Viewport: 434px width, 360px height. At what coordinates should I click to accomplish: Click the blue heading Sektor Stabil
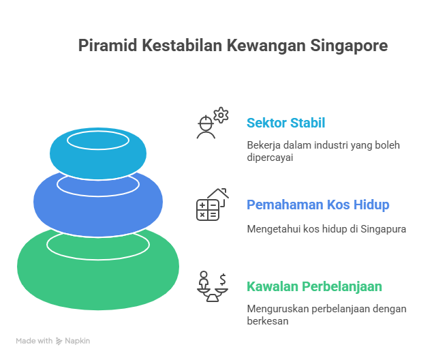click(285, 123)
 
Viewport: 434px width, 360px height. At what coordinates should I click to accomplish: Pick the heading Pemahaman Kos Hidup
click(318, 205)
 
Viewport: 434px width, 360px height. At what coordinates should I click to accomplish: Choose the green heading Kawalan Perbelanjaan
click(314, 286)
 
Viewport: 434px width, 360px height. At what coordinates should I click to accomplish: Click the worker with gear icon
click(211, 123)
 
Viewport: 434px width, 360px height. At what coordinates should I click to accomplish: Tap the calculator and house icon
click(212, 205)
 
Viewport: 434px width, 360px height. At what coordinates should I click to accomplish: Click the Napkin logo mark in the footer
click(59, 341)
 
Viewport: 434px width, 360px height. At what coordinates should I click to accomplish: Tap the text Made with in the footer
click(34, 341)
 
